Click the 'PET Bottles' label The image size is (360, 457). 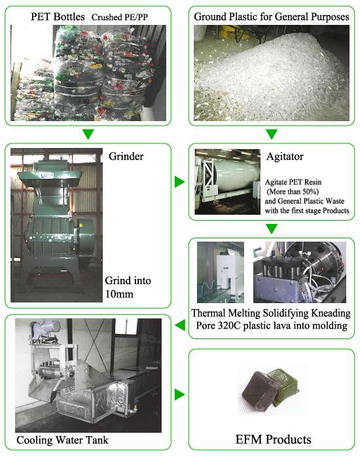(58, 16)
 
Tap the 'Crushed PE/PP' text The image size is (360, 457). (120, 17)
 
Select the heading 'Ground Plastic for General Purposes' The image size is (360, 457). (272, 17)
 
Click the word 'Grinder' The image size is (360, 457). (126, 156)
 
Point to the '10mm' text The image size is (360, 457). (119, 294)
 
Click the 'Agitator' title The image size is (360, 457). (285, 156)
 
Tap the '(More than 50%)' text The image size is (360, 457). (293, 191)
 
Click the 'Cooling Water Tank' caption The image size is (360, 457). (62, 440)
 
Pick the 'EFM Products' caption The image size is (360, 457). (273, 439)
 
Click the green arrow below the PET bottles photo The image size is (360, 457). (88, 134)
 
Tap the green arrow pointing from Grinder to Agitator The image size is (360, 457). (180, 182)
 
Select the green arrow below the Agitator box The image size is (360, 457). (272, 228)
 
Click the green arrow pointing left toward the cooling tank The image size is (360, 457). (180, 325)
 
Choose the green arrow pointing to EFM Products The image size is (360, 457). (180, 394)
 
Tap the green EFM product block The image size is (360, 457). (284, 385)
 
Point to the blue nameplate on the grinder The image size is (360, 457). (47, 175)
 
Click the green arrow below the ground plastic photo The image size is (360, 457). (272, 134)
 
